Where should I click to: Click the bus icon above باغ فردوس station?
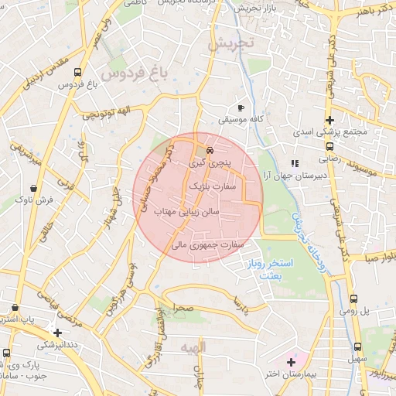point(77,72)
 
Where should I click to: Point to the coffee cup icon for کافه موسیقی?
point(241,108)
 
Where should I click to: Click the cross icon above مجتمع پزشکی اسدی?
point(330,120)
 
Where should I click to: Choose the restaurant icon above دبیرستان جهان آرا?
point(294,163)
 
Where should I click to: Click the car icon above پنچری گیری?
point(210,150)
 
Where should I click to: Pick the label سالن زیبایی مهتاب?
point(188,210)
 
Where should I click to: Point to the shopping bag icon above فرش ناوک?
point(33,188)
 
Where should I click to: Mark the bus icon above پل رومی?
point(353,299)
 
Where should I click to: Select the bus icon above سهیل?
point(357,347)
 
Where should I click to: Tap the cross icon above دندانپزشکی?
point(57,333)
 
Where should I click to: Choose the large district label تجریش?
point(230,43)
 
